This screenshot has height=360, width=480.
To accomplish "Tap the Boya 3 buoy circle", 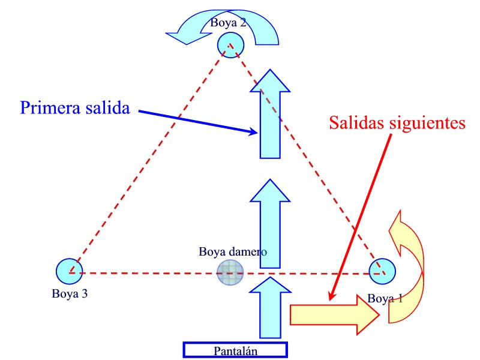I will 69,271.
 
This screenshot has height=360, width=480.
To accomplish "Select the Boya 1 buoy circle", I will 382,272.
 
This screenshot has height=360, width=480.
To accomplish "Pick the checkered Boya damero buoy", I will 230,274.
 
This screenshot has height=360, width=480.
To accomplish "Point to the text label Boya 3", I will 70,294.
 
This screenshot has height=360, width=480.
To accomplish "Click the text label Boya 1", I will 385,298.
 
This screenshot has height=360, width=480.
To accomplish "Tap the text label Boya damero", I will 233,251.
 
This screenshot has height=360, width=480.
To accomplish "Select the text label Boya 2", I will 228,23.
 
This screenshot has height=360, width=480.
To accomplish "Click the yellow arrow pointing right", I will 333,314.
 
